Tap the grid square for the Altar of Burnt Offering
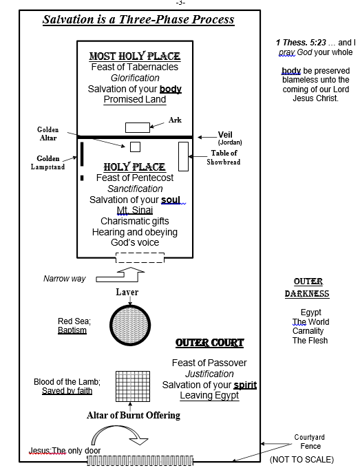tap(133, 386)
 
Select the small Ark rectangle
tap(138, 127)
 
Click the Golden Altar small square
tap(135, 147)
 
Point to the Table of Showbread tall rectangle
tap(183, 156)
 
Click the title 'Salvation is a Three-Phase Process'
tap(138, 19)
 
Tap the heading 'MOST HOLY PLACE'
tap(135, 56)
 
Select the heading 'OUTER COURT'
tap(209, 343)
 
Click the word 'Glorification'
tap(135, 78)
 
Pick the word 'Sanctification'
tap(135, 189)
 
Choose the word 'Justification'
tap(209, 374)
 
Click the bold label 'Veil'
tap(225, 135)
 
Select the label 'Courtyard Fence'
tap(310, 441)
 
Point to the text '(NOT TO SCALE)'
tap(301, 459)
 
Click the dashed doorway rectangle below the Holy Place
tap(140, 257)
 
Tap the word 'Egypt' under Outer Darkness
tap(310, 312)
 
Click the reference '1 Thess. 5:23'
tap(301, 43)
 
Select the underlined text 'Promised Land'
tap(135, 99)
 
